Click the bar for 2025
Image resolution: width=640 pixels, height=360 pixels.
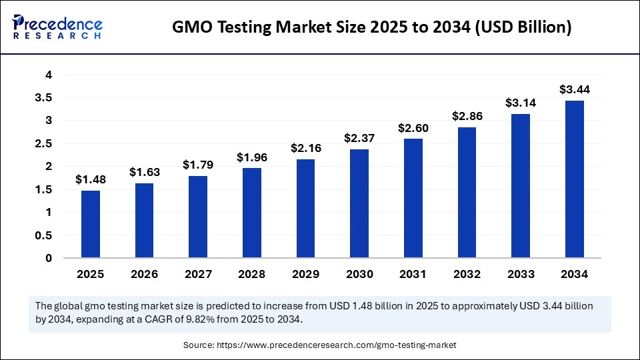tap(91, 224)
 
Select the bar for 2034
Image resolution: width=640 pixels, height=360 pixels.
tap(574, 179)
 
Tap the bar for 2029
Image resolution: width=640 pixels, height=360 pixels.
tap(305, 208)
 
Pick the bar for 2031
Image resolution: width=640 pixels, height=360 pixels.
tap(413, 198)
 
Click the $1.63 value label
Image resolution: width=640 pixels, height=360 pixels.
tap(144, 171)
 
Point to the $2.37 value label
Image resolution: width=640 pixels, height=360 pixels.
tap(359, 138)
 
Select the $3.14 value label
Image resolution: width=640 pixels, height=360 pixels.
tap(520, 103)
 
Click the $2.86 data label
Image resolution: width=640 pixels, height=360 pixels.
tap(467, 115)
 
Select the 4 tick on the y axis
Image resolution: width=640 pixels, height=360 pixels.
tap(49, 75)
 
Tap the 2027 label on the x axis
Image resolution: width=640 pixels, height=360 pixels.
tap(198, 274)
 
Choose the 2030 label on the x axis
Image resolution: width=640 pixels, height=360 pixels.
tap(359, 274)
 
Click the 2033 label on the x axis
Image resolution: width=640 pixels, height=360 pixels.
tap(520, 274)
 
